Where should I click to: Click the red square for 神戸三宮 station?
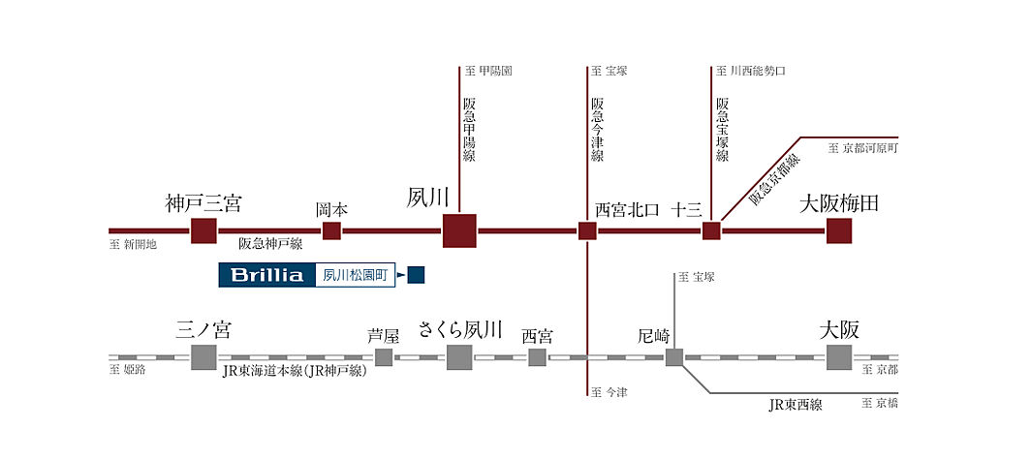pyautogui.click(x=203, y=230)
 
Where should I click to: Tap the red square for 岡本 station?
pyautogui.click(x=331, y=230)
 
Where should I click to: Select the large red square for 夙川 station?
pyautogui.click(x=459, y=230)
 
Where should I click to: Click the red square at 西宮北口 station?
pyautogui.click(x=587, y=230)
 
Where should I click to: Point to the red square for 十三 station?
pyautogui.click(x=711, y=230)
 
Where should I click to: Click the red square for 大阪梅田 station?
pyautogui.click(x=839, y=230)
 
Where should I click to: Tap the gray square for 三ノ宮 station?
pyautogui.click(x=203, y=357)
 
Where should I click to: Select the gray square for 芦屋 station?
pyautogui.click(x=384, y=357)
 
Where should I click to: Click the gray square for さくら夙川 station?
pyautogui.click(x=459, y=357)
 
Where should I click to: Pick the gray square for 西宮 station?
pyautogui.click(x=537, y=357)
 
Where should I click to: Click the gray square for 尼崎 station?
pyautogui.click(x=674, y=357)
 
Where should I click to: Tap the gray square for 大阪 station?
pyautogui.click(x=839, y=357)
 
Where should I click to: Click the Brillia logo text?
pyautogui.click(x=266, y=275)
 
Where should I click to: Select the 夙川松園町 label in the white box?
pyautogui.click(x=354, y=276)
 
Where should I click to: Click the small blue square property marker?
pyautogui.click(x=417, y=276)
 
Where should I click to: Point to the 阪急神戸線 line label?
pyautogui.click(x=270, y=245)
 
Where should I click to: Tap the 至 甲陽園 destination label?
pyautogui.click(x=488, y=71)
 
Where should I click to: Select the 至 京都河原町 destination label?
pyautogui.click(x=864, y=148)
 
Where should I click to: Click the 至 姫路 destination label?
pyautogui.click(x=128, y=370)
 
